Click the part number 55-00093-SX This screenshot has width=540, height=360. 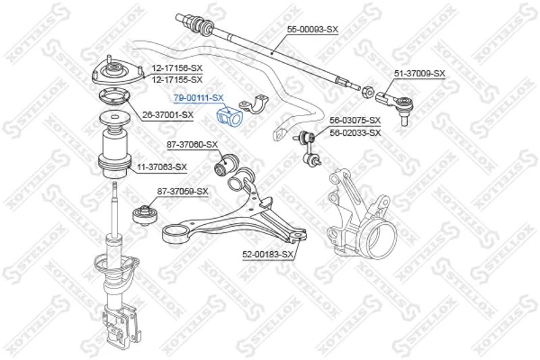pyautogui.click(x=313, y=30)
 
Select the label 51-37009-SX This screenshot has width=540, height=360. pyautogui.click(x=420, y=74)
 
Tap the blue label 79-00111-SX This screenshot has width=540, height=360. pyautogui.click(x=198, y=98)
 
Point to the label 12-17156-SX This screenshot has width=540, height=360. pyautogui.click(x=177, y=68)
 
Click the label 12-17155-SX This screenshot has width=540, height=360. pyautogui.click(x=177, y=80)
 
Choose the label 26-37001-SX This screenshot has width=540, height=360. pyautogui.click(x=168, y=115)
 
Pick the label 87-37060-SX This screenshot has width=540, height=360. pyautogui.click(x=192, y=145)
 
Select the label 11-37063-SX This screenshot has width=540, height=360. pyautogui.click(x=162, y=168)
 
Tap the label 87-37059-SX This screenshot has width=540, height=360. pyautogui.click(x=183, y=191)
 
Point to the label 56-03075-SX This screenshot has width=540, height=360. pyautogui.click(x=355, y=120)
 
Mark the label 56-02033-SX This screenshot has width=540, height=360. pyautogui.click(x=355, y=132)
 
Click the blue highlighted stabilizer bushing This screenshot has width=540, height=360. pyautogui.click(x=230, y=117)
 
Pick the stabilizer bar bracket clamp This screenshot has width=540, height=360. pyautogui.click(x=254, y=104)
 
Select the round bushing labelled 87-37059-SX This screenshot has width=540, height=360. pyautogui.click(x=145, y=214)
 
